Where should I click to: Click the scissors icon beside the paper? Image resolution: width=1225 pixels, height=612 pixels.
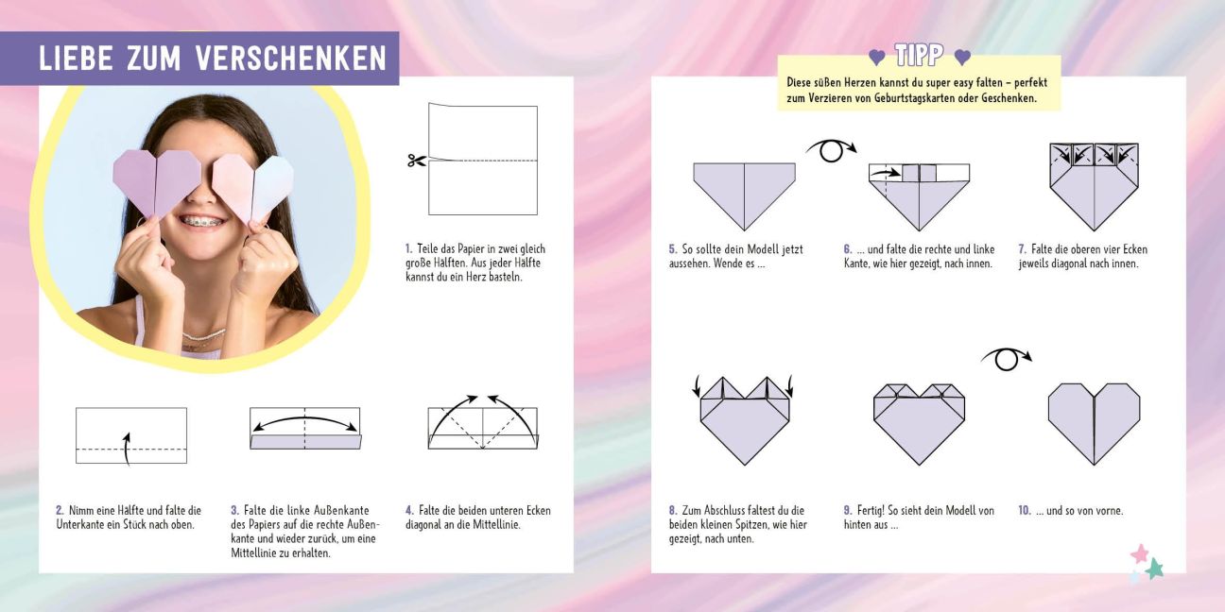417,161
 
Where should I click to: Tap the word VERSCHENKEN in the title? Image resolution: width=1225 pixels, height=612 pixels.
291,59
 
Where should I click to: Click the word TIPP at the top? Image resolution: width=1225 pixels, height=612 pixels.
920,55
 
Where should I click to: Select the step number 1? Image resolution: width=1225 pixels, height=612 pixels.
408,249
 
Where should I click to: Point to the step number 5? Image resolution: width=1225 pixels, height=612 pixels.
673,249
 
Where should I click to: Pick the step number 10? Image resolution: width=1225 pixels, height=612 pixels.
1025,510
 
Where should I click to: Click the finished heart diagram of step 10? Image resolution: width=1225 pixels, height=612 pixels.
1094,424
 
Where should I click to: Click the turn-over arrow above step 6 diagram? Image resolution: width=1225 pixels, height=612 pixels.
831,150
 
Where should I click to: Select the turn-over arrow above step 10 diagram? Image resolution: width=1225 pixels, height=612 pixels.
1007,359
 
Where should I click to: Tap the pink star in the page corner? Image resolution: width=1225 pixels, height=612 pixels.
1140,553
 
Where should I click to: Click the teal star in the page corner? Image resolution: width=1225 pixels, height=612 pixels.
1154,569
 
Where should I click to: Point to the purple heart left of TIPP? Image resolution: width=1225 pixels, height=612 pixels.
876,58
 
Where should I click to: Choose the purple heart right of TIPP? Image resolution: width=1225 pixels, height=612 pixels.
962,57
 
